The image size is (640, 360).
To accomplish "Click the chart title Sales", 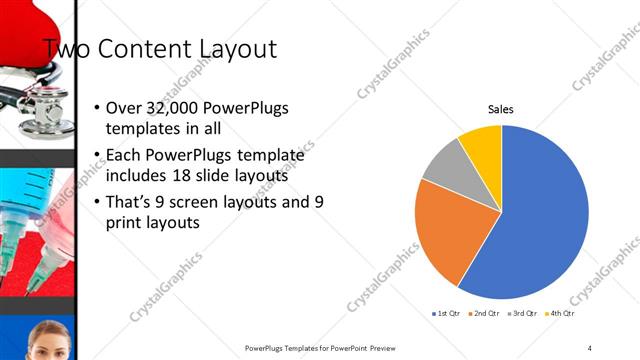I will (501, 109).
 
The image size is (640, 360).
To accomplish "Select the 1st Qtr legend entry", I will (445, 313).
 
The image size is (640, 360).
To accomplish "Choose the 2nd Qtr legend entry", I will (483, 313).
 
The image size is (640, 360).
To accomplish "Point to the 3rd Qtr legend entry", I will (521, 313).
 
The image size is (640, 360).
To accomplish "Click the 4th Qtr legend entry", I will (559, 313).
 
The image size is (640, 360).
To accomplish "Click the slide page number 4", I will (590, 347).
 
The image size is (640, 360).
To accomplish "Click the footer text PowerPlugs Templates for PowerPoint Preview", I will (326, 347).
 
